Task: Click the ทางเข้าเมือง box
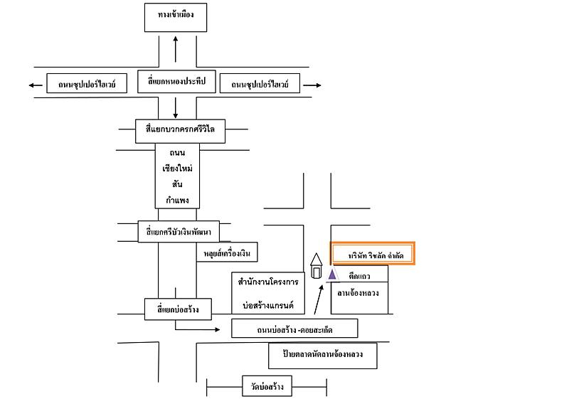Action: tap(176, 17)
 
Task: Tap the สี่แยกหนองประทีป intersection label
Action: tap(176, 81)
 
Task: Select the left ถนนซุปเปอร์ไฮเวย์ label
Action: tap(87, 83)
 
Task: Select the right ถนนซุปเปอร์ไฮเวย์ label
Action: tap(260, 83)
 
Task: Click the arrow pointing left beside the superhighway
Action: tap(36, 85)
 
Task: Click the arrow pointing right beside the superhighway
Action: tap(312, 85)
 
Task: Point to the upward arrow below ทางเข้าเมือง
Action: tap(176, 49)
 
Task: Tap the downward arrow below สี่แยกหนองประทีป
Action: tap(176, 107)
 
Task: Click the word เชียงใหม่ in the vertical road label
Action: tap(177, 169)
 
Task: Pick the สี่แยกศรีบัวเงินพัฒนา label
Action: tap(179, 231)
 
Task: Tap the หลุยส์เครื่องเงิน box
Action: tap(227, 252)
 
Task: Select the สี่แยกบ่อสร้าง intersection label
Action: tap(178, 309)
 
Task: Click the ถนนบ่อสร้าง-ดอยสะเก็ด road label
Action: tap(294, 329)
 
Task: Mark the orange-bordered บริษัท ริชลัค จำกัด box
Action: tap(372, 253)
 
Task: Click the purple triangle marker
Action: tap(332, 275)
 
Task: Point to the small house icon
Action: tap(316, 266)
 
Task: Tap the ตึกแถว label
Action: tap(359, 276)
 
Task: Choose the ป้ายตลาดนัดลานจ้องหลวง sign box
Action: tap(323, 356)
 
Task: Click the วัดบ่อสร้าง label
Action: tap(267, 386)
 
